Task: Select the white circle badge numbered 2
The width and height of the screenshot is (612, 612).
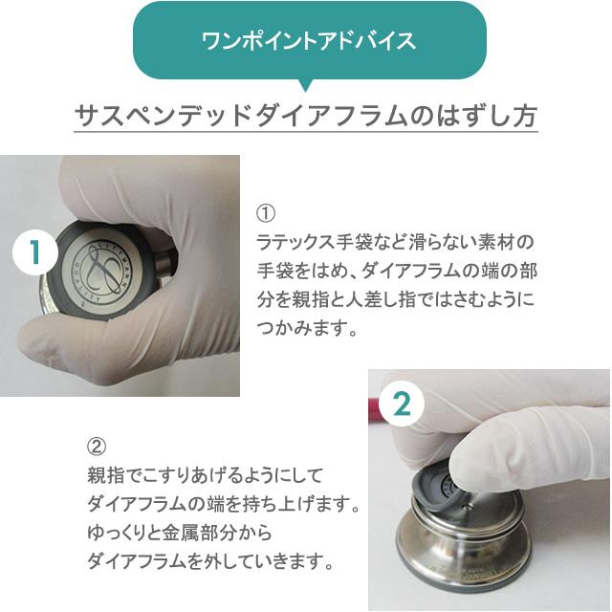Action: [402, 403]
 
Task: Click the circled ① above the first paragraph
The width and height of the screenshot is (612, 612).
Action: [267, 211]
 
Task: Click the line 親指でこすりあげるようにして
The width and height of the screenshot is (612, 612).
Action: [206, 473]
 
